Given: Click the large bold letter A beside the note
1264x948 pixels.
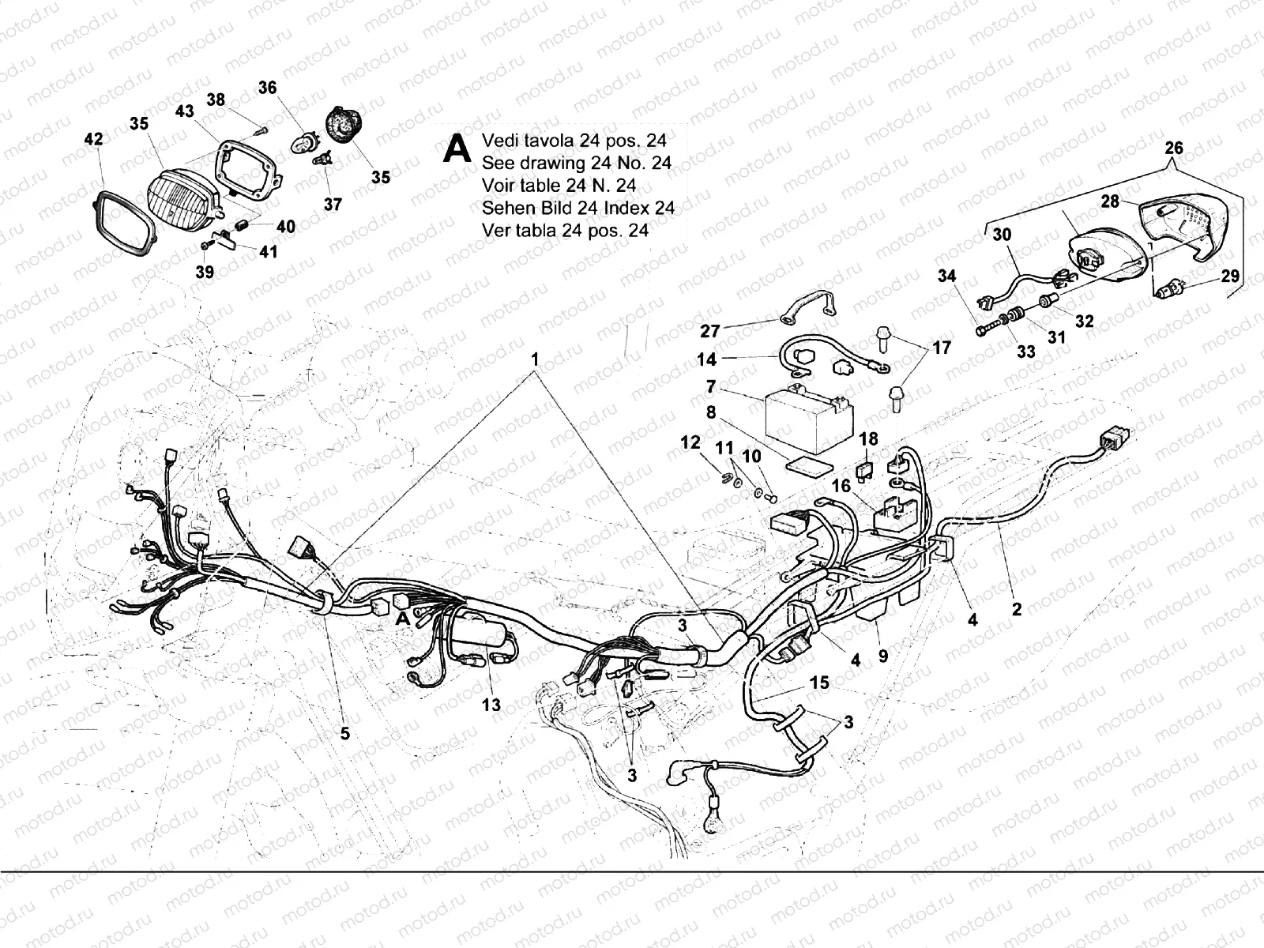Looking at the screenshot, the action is pos(457,149).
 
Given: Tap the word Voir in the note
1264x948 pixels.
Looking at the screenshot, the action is pos(499,186).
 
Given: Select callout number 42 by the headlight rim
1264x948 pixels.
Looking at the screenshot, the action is pos(93,139).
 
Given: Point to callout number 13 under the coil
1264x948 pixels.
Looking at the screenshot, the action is pos(491,705).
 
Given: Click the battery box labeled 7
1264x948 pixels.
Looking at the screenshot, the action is pos(809,419).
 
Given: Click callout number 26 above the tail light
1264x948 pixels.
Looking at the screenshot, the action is pos(1174,148).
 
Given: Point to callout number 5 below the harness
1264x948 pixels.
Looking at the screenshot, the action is pos(345,733).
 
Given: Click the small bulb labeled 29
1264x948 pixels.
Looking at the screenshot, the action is pos(1168,288).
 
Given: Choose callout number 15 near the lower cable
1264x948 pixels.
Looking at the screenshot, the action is pos(819,683).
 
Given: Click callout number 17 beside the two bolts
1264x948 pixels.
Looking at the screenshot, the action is pos(942,348).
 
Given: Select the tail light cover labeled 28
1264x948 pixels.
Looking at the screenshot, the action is pos(1183,224).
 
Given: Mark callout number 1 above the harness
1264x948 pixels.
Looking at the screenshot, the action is pos(535,359).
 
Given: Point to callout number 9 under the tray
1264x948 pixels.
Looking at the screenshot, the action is pos(882,655).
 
